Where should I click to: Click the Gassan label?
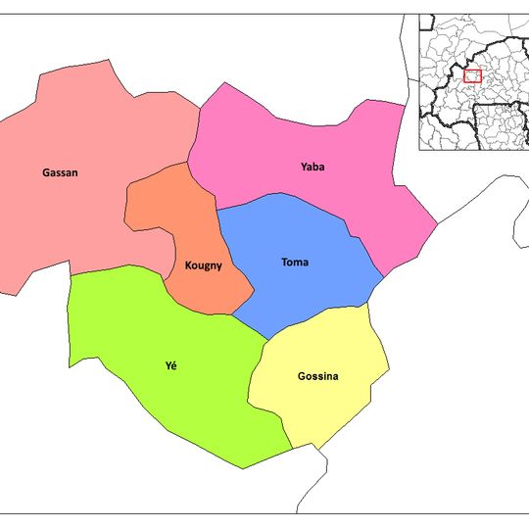[60, 173]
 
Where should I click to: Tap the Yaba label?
[313, 167]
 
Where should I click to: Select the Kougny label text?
[203, 265]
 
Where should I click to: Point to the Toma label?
[295, 263]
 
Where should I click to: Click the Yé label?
[171, 366]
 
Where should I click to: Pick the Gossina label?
[318, 376]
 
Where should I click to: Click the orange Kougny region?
[176, 216]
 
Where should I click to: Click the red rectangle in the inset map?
[473, 75]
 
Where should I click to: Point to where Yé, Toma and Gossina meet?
[268, 340]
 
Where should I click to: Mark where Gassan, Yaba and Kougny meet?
[188, 163]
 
